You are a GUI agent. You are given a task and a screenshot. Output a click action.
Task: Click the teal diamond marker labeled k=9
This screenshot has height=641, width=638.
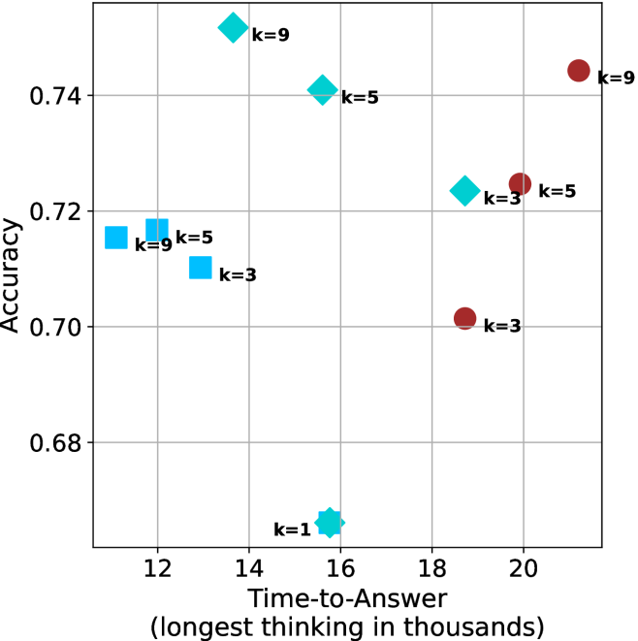point(233,27)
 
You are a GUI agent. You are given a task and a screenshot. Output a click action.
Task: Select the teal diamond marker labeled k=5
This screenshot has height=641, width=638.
point(322,90)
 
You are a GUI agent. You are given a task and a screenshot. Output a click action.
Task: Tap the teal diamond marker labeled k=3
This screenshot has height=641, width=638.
point(465,191)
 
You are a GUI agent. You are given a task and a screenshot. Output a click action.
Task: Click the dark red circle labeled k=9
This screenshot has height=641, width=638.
point(579,71)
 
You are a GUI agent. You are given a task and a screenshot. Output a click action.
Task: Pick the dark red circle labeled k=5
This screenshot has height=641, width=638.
point(520,183)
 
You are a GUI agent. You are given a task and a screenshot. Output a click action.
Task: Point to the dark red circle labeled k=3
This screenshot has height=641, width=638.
point(465,318)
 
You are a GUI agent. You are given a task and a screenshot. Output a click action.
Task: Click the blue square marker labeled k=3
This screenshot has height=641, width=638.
point(201,267)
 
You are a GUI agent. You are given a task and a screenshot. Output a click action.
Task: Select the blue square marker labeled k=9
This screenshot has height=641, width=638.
point(116,237)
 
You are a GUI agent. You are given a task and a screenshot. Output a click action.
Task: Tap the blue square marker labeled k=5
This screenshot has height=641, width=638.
point(157,230)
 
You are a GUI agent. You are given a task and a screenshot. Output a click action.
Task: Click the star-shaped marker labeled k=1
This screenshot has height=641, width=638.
point(330,522)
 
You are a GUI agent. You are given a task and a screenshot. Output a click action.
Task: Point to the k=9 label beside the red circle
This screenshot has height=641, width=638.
point(616,79)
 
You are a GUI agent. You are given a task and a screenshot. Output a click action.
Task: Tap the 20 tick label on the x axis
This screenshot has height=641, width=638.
point(524,565)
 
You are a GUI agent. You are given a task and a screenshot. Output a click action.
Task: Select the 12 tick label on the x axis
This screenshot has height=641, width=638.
point(157,565)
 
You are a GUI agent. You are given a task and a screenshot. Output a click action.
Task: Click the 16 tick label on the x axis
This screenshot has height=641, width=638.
point(340,565)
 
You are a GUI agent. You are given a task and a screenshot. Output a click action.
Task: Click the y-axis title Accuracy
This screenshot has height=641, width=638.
point(13,276)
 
